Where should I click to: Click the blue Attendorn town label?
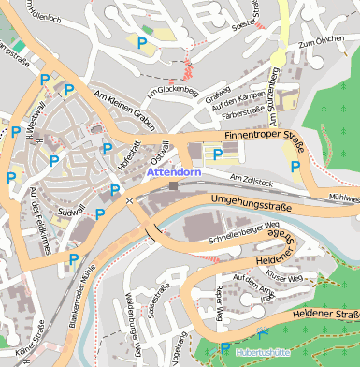pos(175,172)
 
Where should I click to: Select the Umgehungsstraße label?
pos(251,200)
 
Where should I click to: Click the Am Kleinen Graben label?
pos(124,110)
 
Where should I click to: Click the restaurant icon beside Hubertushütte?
pos(261,334)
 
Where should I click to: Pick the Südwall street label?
pos(71,212)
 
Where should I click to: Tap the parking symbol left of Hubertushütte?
pos(223,350)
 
